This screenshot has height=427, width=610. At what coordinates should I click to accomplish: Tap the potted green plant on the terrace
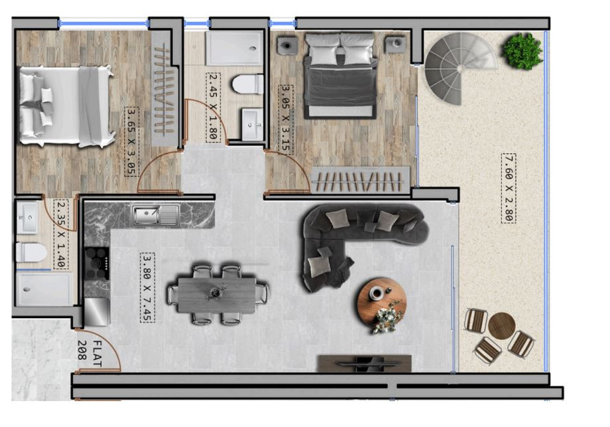tap(522, 51)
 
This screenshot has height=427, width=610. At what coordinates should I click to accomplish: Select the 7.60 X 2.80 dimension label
tap(509, 188)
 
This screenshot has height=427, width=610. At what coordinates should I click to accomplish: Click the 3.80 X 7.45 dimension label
tap(147, 288)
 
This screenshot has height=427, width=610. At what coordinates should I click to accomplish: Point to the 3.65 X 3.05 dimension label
tap(131, 142)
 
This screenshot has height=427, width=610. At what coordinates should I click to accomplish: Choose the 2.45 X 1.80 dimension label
tap(212, 107)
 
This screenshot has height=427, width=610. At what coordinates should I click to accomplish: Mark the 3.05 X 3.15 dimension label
tap(286, 120)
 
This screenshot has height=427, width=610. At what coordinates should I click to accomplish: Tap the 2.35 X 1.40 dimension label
tap(61, 234)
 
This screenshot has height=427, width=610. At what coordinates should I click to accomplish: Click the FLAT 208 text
tap(90, 353)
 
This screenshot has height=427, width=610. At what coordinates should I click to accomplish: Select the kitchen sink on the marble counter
tap(156, 215)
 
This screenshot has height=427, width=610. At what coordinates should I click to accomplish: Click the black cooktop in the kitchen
tap(97, 264)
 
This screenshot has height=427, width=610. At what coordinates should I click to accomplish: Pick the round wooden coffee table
tap(382, 301)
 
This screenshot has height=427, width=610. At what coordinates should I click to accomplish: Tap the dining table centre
tap(217, 295)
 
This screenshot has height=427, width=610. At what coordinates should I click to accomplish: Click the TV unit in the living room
tap(365, 363)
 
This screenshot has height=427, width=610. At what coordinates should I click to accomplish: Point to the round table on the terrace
tap(502, 326)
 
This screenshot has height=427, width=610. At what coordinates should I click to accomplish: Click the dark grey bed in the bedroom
tap(340, 76)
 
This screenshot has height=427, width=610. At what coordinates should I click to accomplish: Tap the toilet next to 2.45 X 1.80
tap(248, 84)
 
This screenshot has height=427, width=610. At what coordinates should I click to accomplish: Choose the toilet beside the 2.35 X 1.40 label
tap(31, 252)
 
